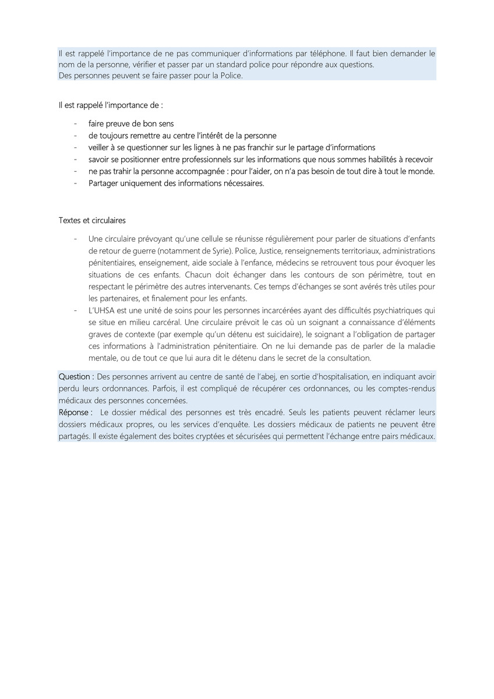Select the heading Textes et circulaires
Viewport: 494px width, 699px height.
point(92,221)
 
